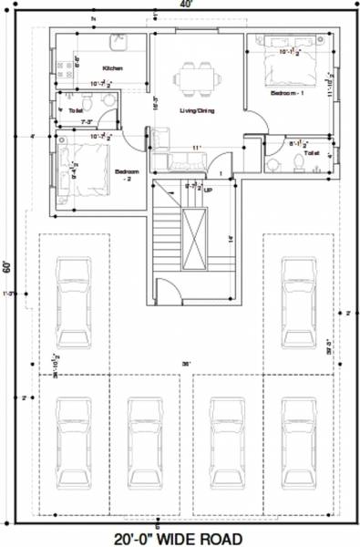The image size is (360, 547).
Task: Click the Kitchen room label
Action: tap(113, 68)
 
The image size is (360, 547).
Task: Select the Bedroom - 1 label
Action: tap(286, 93)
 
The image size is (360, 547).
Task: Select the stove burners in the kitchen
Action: tap(64, 66)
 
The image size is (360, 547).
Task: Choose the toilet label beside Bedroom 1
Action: tap(313, 154)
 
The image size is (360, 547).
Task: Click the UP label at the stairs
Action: tap(208, 191)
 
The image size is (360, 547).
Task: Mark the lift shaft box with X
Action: tap(195, 239)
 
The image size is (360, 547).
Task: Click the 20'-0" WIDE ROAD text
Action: tap(180, 538)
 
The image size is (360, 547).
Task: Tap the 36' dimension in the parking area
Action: tap(185, 364)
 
